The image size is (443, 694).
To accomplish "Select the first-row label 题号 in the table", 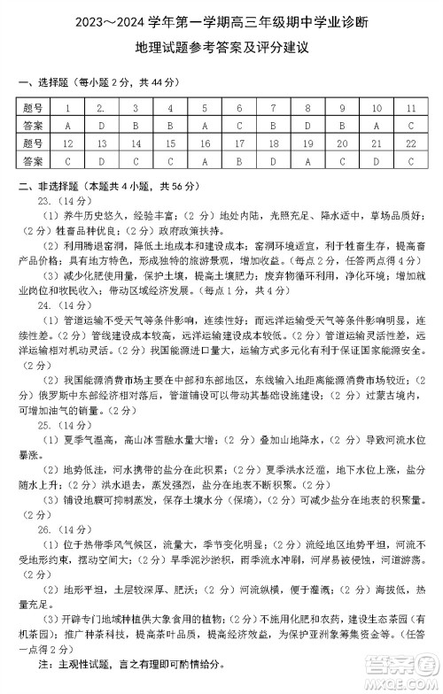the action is click(34, 108).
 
